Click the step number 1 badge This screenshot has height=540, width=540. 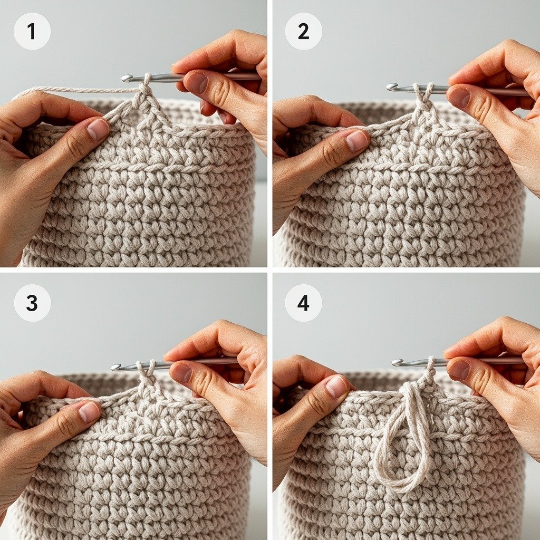point(32,31)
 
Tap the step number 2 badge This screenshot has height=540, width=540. point(303,31)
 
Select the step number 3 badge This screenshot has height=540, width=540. point(32,303)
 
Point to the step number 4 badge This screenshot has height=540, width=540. point(303,303)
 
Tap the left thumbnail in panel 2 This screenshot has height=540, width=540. point(357,140)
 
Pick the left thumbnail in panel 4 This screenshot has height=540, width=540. point(336,386)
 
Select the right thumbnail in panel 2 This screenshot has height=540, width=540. point(459,97)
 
